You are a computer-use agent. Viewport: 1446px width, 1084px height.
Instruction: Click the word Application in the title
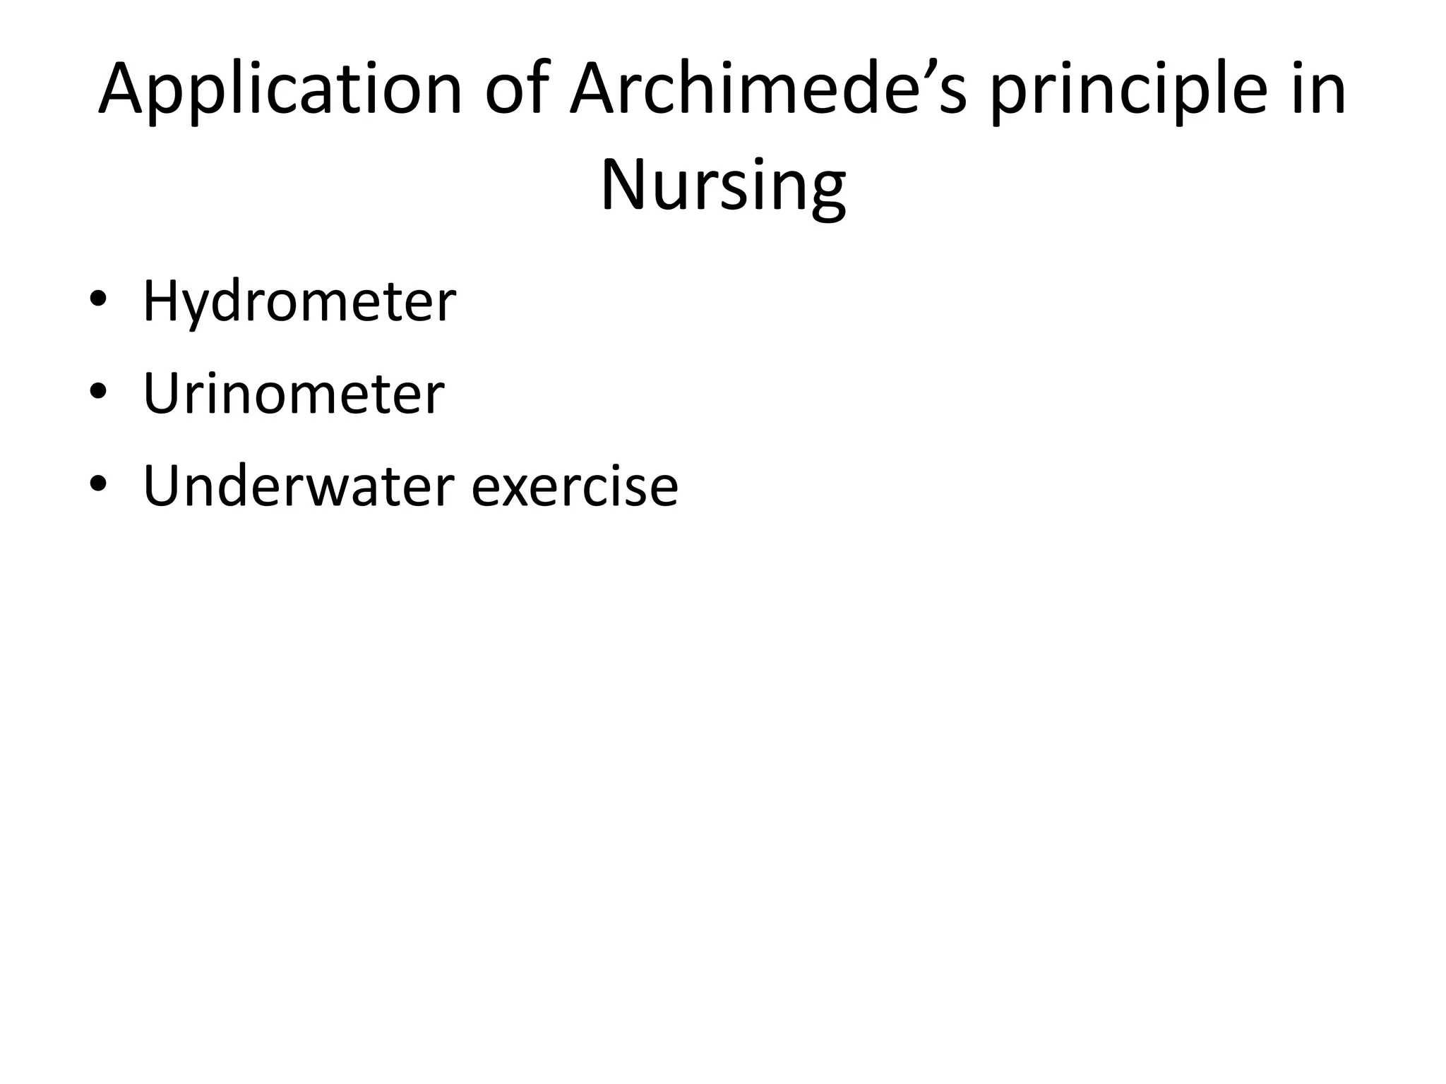[x=280, y=90]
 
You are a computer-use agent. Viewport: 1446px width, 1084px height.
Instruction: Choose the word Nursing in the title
[x=723, y=185]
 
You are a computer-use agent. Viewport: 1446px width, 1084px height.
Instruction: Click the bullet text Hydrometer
[x=299, y=302]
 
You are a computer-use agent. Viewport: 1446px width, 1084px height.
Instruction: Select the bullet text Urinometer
[x=294, y=393]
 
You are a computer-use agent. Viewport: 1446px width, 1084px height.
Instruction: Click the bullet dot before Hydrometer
[x=98, y=299]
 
